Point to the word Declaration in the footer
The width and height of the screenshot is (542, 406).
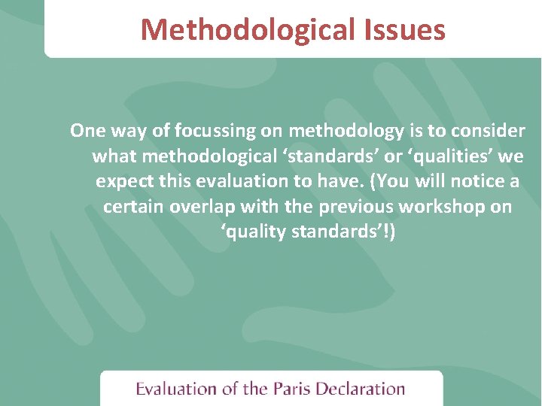pos(361,389)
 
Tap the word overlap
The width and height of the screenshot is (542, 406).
pos(198,207)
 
